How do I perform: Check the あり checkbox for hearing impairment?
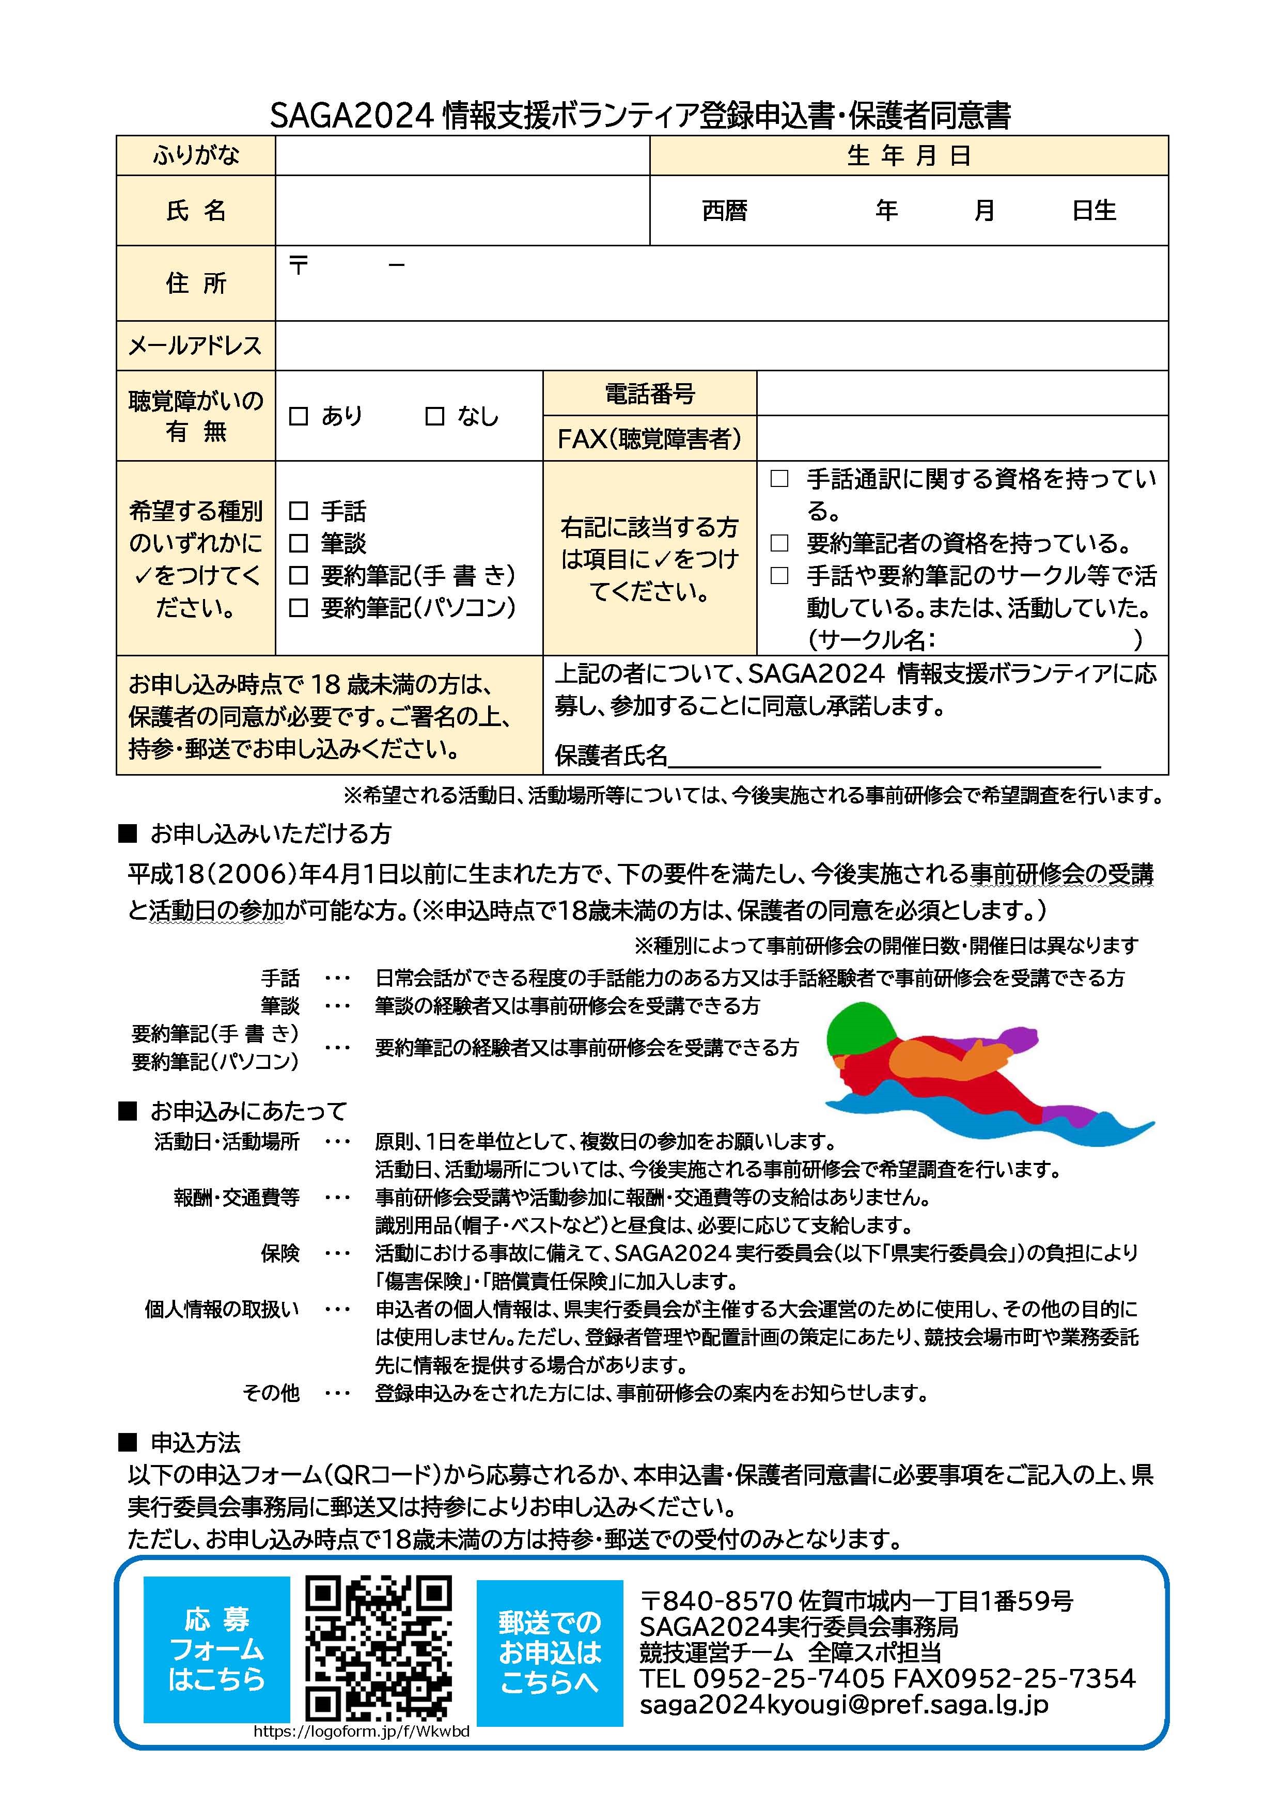[298, 416]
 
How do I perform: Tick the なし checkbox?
[434, 416]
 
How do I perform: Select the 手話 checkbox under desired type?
[298, 511]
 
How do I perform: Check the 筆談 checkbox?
[298, 543]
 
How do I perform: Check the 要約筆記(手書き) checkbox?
[298, 576]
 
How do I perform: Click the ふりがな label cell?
[196, 155]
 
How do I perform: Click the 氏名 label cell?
[196, 211]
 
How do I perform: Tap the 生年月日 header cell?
[909, 155]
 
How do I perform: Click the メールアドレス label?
[196, 345]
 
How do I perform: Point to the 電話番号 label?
[649, 393]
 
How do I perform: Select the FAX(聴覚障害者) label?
[649, 438]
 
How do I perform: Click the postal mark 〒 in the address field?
[298, 266]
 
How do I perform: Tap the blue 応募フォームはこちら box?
[216, 1650]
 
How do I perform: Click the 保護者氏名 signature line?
[883, 757]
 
